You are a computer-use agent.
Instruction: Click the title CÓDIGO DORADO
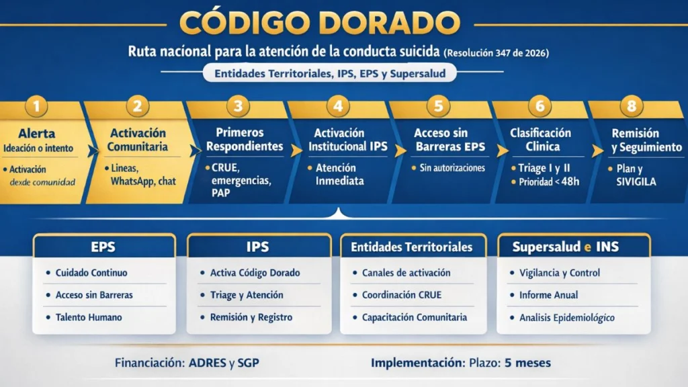[x=320, y=23]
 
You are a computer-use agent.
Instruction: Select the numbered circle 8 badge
[x=635, y=105]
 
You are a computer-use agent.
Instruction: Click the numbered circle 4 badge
[x=338, y=105]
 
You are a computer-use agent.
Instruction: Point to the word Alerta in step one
[x=37, y=133]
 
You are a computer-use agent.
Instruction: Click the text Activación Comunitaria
[x=138, y=140]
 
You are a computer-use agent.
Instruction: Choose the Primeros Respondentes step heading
[x=240, y=140]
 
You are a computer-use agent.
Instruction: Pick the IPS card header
[x=258, y=247]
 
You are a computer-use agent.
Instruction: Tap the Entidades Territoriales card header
[x=412, y=247]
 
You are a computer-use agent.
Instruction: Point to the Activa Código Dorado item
[x=255, y=273]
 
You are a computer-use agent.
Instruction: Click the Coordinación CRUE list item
[x=405, y=295]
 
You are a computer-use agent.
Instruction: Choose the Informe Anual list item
[x=548, y=295]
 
